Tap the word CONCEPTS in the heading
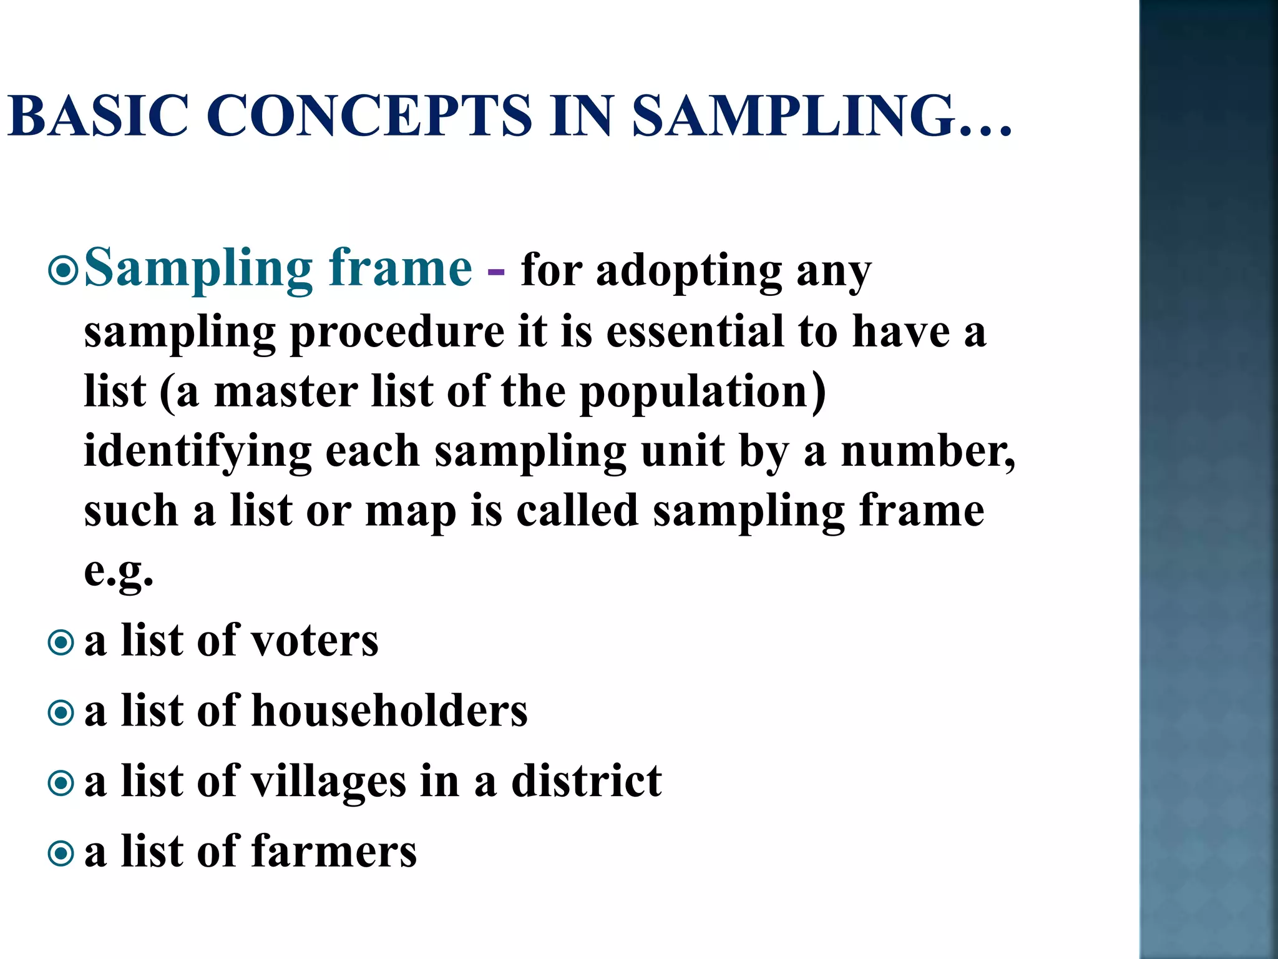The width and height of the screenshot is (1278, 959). tap(368, 116)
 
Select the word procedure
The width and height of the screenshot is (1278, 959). tap(398, 333)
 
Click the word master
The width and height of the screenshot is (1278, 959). tap(286, 391)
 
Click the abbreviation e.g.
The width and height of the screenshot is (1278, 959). tap(119, 571)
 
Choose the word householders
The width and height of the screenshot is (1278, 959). tap(389, 711)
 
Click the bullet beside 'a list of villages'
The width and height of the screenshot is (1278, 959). tap(61, 783)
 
